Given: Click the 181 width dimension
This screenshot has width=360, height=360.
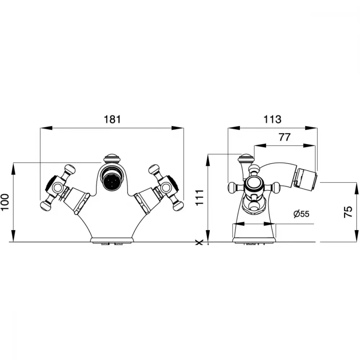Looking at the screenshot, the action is click(112, 120).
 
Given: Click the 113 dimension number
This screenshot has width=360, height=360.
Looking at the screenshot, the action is click(272, 120).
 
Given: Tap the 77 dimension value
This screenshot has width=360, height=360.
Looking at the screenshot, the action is click(284, 137).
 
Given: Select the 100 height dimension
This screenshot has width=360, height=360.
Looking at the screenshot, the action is click(5, 202).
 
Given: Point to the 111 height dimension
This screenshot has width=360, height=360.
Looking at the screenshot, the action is click(199, 198).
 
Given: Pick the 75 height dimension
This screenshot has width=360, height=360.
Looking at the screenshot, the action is click(348, 212).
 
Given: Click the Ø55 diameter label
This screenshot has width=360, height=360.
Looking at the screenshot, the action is click(301, 214).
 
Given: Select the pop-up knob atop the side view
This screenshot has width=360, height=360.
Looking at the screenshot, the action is click(247, 158).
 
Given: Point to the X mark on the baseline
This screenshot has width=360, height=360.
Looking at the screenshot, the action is click(199, 242).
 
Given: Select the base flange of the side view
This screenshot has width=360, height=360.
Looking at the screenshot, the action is click(254, 240).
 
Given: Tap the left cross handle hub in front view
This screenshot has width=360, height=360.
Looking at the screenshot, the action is click(57, 187).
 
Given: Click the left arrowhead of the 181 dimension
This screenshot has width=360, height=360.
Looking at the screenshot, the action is click(46, 128).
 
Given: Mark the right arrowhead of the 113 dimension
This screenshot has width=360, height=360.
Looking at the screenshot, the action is click(311, 128).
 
